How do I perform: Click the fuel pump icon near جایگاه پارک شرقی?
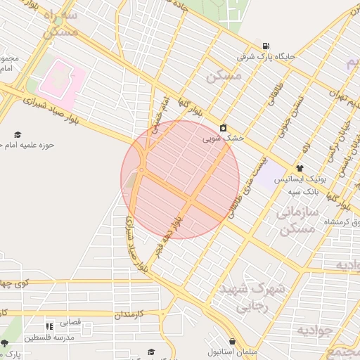265,45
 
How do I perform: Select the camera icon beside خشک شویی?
223,127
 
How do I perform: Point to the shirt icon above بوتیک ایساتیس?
300,168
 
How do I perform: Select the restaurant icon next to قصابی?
49,326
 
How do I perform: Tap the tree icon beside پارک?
5,343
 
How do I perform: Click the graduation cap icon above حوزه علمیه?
18,134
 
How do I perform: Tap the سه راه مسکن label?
60,22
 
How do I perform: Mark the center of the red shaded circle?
180,180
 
